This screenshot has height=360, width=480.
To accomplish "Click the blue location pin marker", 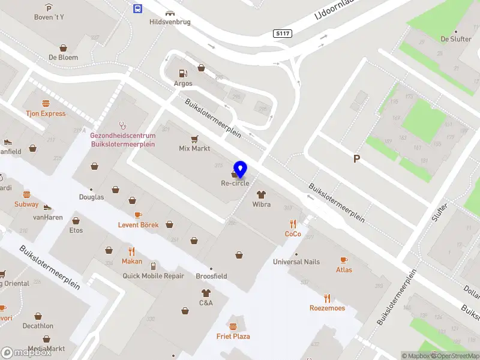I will (241, 169).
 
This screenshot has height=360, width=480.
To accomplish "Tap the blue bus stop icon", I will (137, 8).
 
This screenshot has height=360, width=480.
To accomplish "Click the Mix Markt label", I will (194, 148).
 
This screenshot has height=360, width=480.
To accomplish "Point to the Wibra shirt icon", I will (261, 194).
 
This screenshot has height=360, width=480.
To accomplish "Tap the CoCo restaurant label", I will (293, 234).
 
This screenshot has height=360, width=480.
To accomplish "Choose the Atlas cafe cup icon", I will (344, 260).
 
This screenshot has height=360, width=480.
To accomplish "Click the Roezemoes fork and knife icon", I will (327, 298).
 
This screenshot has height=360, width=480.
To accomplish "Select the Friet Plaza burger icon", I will (233, 326).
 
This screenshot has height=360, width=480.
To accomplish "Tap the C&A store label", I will (206, 303).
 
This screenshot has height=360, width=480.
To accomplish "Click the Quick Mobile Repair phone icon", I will (153, 266).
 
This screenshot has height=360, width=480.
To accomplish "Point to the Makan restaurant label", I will (132, 262).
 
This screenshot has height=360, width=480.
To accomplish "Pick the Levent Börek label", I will (138, 225).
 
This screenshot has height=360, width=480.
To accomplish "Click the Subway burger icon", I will (26, 194).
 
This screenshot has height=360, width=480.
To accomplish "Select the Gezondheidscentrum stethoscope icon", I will (123, 125).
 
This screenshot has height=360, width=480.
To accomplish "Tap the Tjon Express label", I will (46, 113).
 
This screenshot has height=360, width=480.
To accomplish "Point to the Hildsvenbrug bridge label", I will (170, 22).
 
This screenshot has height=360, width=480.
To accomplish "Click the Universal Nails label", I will (296, 262).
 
